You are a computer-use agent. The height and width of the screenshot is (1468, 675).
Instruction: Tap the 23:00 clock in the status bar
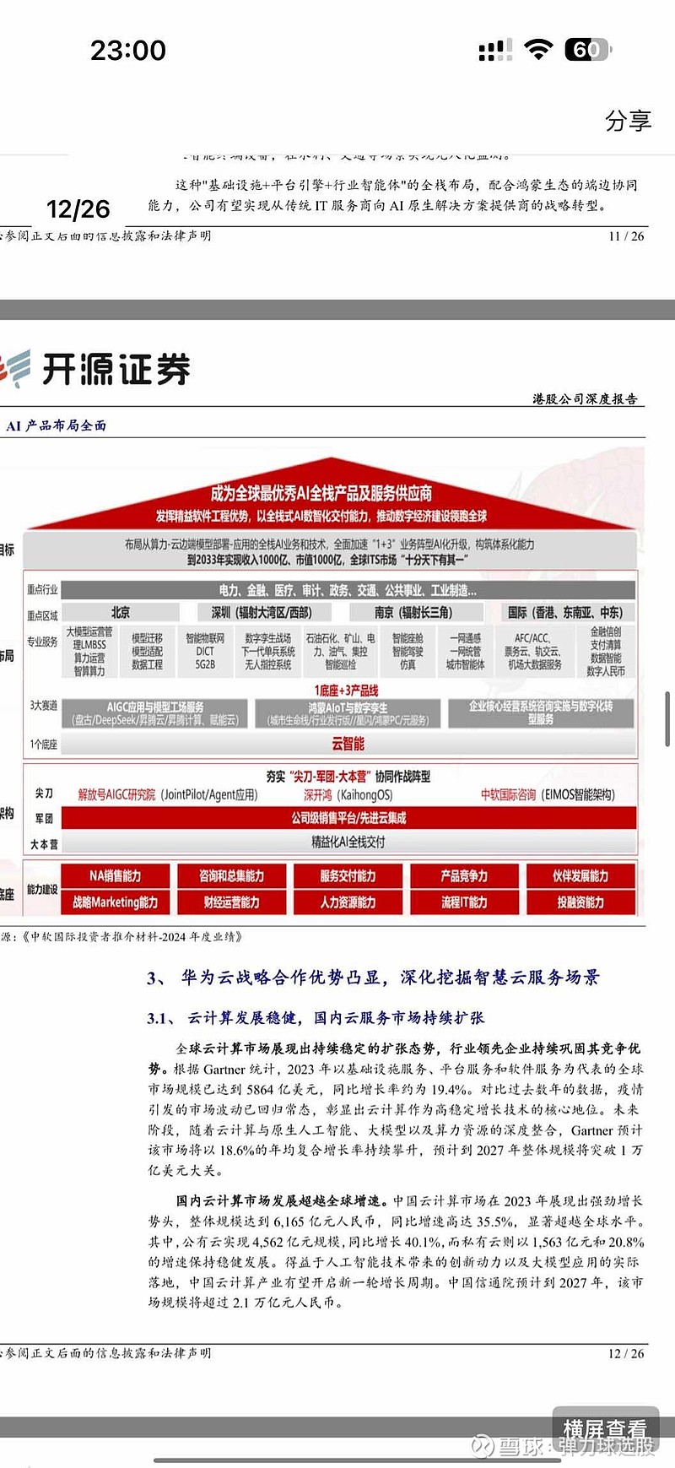tap(128, 51)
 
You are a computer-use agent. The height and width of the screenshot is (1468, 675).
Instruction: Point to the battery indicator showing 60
tap(587, 50)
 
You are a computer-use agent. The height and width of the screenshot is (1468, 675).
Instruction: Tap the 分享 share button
tap(628, 121)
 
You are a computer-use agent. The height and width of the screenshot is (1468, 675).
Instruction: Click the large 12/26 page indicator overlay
tap(78, 209)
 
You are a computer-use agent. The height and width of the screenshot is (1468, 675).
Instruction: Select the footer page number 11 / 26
tap(625, 236)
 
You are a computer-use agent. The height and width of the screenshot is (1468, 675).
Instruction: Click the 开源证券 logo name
tap(116, 369)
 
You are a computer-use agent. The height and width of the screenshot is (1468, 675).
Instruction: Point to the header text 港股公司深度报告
tap(585, 398)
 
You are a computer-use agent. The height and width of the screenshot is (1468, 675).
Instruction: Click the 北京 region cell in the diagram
tap(121, 612)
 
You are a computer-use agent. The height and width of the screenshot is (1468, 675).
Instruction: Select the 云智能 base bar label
tap(348, 744)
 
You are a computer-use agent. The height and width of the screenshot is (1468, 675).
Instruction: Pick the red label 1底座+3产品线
tap(346, 691)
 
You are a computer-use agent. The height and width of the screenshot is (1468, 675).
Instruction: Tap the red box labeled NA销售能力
tap(116, 876)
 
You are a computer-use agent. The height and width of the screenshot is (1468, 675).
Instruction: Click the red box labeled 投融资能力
tap(580, 902)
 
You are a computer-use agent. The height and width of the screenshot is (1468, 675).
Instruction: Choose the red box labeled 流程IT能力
tap(464, 902)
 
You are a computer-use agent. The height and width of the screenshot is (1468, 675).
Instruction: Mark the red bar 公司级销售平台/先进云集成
tap(348, 818)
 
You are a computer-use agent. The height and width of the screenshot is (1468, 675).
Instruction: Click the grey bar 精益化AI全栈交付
tap(348, 842)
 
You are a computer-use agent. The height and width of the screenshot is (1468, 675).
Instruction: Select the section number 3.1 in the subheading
tap(157, 1018)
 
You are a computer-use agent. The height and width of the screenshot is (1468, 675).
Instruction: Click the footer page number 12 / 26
tap(625, 1353)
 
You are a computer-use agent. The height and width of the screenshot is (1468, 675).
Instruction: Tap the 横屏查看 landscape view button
tap(604, 1429)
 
